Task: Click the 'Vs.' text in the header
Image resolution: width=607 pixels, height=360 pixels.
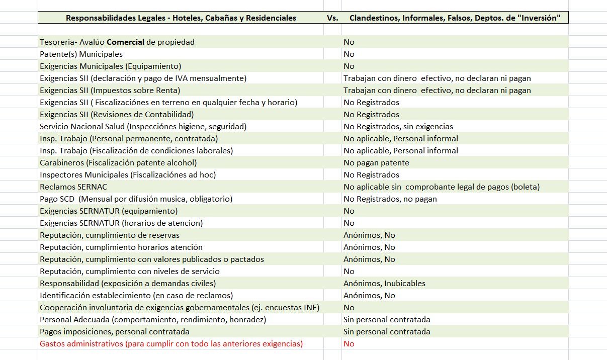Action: pos(332,18)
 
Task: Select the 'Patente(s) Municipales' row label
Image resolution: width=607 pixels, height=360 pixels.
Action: pos(81,54)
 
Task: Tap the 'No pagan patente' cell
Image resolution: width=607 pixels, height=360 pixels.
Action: pos(376,163)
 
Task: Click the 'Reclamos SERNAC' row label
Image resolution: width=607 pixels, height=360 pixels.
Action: pos(73,187)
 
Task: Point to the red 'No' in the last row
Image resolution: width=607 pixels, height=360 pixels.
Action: pos(349,344)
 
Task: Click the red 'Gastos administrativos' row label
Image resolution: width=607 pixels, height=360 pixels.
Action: pos(171,344)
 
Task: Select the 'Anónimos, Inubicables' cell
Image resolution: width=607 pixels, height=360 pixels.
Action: pos(384,284)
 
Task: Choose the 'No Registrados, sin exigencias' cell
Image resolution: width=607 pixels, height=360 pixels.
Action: pos(398,127)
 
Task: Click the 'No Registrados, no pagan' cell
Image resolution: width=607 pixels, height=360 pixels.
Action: pos(390,199)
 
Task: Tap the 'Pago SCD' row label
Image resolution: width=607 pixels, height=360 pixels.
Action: pos(136,199)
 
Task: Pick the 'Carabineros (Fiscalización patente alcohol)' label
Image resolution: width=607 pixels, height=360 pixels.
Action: pos(118,163)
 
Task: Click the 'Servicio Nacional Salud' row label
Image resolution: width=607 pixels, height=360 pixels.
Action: pos(143,127)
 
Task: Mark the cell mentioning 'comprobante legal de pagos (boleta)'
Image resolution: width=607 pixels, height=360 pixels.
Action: pos(442,187)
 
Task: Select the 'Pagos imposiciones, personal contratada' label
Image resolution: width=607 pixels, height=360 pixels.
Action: pos(115,332)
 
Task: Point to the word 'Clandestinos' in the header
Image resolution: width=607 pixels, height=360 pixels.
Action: pos(374,18)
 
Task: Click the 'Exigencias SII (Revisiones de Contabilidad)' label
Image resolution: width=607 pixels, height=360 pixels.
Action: pos(117,115)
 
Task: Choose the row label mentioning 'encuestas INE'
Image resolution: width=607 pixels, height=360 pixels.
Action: pos(180,308)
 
